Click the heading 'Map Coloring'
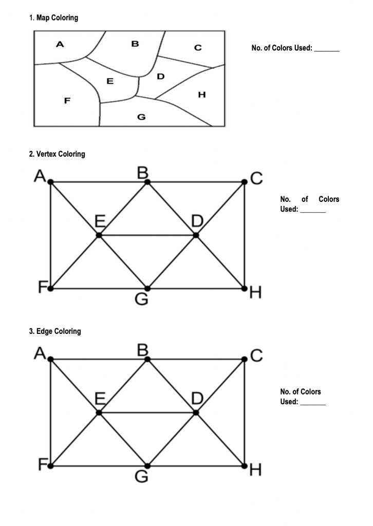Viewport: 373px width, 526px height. pos(57,18)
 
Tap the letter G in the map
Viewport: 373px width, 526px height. pos(141,117)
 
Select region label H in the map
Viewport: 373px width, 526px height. pos(201,95)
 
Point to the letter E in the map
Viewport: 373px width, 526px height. pos(109,81)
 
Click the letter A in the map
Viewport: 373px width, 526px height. pos(60,45)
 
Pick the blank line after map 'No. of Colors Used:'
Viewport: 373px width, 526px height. pos(327,50)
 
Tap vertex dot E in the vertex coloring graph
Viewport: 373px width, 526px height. pos(99,235)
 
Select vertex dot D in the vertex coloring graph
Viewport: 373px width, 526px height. pos(196,235)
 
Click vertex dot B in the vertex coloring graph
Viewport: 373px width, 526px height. pos(147,182)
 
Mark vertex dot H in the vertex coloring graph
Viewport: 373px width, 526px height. pos(244,288)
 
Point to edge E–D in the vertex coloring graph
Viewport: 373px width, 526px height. pos(147,235)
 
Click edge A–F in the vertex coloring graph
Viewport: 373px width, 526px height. pos(50,235)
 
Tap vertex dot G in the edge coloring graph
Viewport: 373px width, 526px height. pos(147,465)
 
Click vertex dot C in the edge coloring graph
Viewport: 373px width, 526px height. pos(244,359)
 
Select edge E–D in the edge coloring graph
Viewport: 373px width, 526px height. pos(147,412)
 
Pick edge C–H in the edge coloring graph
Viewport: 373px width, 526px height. pos(244,412)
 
